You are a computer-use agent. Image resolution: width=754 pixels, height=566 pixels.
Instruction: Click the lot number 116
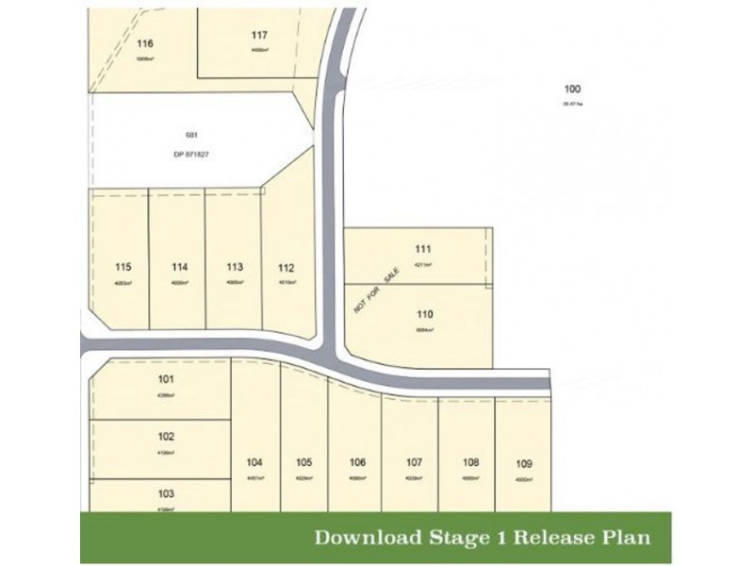click(x=144, y=43)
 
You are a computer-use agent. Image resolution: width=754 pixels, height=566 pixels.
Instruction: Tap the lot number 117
click(x=260, y=36)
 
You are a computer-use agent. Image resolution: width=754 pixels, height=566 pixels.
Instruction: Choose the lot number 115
click(x=123, y=267)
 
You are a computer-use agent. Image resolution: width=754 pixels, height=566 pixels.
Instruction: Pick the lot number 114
click(x=180, y=267)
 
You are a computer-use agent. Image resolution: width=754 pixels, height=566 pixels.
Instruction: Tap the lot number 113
click(x=235, y=267)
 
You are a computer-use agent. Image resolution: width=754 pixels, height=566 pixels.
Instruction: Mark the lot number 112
click(x=287, y=267)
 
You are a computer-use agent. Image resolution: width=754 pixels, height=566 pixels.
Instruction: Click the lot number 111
click(x=423, y=249)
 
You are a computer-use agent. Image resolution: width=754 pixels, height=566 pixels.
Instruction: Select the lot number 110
click(x=423, y=313)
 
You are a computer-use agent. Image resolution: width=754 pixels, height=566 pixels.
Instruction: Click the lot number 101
click(x=167, y=380)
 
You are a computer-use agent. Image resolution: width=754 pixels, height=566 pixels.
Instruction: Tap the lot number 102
click(x=167, y=438)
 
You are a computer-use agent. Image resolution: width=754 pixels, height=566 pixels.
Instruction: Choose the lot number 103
click(x=167, y=493)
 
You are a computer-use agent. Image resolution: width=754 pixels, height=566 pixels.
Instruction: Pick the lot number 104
click(x=254, y=462)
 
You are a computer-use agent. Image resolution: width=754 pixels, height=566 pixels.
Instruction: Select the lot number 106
click(x=356, y=462)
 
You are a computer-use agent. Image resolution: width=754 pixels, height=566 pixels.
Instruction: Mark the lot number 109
click(x=525, y=463)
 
